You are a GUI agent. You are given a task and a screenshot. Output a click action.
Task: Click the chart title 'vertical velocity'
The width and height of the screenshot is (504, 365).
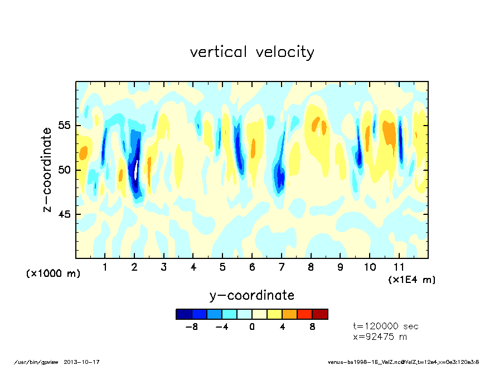click(252, 52)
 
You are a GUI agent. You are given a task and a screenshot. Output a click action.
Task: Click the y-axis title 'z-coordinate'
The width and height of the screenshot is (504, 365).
click(47, 170)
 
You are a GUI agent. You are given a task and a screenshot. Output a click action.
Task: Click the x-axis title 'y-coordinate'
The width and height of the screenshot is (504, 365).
click(251, 295)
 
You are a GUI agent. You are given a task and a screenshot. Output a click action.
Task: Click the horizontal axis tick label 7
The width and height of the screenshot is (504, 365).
click(282, 267)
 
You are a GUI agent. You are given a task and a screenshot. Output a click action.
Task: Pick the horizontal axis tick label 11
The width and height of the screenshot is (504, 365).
click(399, 267)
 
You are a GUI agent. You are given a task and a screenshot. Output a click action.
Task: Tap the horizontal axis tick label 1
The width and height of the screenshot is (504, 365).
click(105, 267)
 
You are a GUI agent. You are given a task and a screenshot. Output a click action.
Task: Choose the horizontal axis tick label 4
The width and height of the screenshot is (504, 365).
click(193, 267)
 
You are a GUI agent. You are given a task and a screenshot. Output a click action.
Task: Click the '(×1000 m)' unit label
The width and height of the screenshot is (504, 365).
click(54, 274)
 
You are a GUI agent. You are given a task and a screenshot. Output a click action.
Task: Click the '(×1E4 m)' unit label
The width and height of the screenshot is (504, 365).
click(412, 280)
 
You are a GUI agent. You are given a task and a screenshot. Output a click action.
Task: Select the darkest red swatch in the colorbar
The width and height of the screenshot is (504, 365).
click(320, 314)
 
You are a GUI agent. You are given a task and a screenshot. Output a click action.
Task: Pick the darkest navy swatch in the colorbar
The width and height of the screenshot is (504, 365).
click(183, 314)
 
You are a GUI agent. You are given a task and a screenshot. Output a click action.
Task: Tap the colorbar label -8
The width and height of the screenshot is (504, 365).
click(191, 326)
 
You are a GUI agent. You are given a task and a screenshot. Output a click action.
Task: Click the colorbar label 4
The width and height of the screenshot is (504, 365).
click(282, 326)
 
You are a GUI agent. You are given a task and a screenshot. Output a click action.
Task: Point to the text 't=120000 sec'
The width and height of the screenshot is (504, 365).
click(386, 326)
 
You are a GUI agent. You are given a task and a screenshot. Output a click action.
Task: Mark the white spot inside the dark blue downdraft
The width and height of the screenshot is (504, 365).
click(137, 170)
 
